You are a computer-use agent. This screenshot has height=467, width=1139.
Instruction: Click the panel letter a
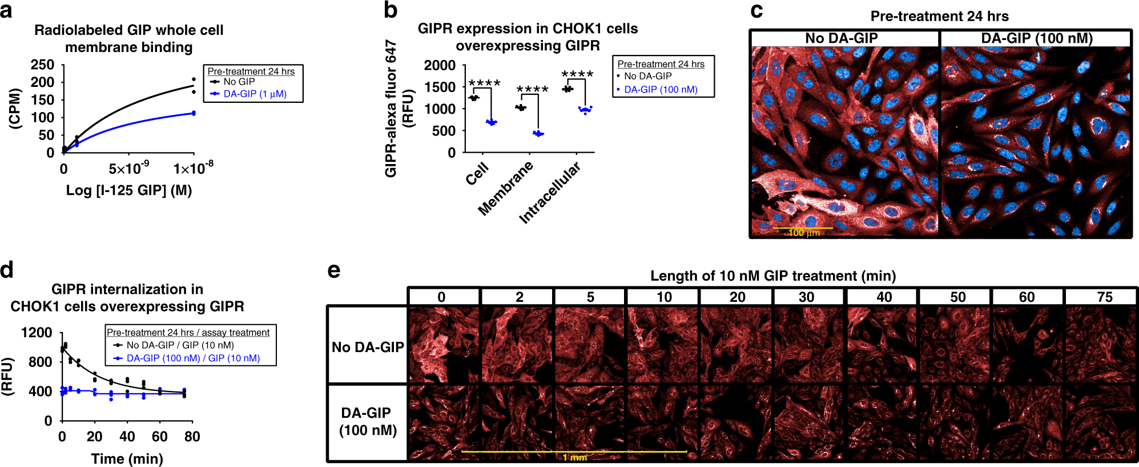tap(6, 10)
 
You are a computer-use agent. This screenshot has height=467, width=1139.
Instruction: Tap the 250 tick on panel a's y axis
tap(43, 65)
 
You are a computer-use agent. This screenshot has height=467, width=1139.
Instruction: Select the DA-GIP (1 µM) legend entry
tap(255, 94)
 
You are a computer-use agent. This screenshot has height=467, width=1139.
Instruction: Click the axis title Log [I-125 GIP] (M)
tap(128, 190)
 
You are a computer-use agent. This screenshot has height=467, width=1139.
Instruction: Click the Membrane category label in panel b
tap(505, 188)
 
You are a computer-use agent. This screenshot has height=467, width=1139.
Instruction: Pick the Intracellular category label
tap(549, 193)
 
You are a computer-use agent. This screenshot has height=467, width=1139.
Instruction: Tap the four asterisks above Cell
tap(484, 83)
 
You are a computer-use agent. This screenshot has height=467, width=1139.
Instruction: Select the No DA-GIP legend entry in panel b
tap(647, 76)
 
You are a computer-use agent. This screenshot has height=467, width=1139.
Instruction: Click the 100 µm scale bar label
tap(804, 233)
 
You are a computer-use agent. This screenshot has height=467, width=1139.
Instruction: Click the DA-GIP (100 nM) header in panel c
tap(1036, 38)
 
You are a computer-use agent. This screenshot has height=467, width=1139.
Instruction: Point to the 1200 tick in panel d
tap(36, 333)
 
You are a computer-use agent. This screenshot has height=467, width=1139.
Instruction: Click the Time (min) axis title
tap(127, 458)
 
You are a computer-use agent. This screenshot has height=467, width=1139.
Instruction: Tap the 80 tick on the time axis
tap(192, 437)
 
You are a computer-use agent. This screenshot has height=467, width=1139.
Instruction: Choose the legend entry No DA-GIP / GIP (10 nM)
tap(180, 345)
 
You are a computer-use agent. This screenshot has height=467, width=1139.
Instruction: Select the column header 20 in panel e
tap(737, 297)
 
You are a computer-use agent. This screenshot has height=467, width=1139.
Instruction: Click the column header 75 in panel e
tap(1104, 297)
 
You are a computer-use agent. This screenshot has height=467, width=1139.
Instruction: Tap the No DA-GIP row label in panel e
tap(368, 347)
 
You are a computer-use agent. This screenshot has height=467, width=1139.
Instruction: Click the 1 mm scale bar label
tap(574, 457)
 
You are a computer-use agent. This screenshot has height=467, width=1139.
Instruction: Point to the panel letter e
tap(334, 271)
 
